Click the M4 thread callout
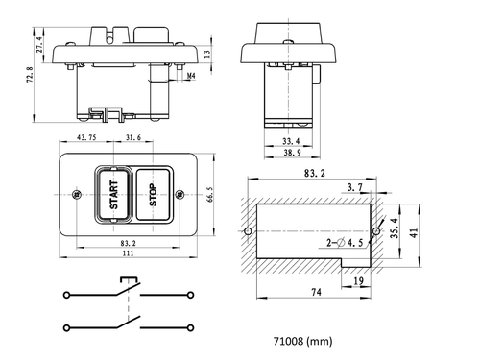[x=191, y=72]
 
